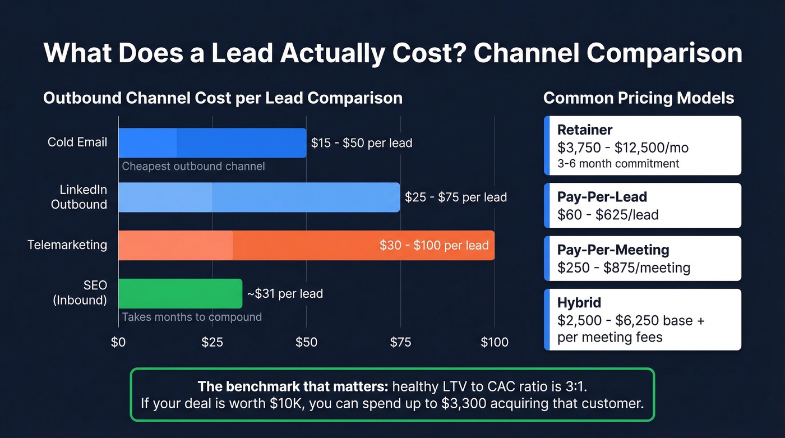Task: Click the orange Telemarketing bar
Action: [x=306, y=245]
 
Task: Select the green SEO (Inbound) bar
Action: [x=180, y=293]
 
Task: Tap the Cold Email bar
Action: [x=212, y=142]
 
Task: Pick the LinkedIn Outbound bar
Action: [x=258, y=197]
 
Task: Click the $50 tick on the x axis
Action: [x=306, y=342]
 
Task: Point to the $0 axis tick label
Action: [x=118, y=342]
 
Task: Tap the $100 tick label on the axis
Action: [x=494, y=342]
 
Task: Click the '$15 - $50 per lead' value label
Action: [x=362, y=143]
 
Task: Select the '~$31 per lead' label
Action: [x=285, y=293]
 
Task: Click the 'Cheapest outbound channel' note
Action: [x=193, y=166]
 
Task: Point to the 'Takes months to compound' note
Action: [x=192, y=317]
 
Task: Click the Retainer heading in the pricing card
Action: [x=585, y=130]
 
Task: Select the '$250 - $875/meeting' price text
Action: [x=624, y=268]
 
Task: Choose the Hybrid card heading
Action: [x=579, y=303]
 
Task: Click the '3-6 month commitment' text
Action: [x=618, y=164]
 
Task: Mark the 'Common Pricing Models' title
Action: [x=639, y=98]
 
